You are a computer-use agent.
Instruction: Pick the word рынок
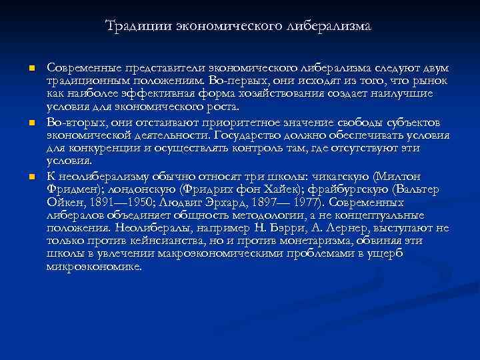pos(432,81)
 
